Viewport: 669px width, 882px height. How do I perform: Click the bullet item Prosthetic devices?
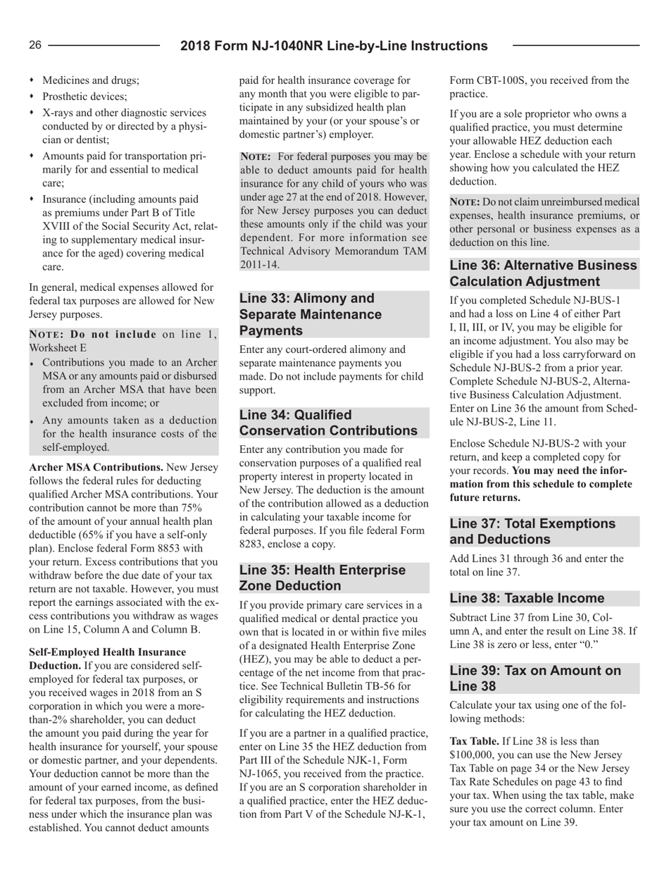(x=75, y=94)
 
